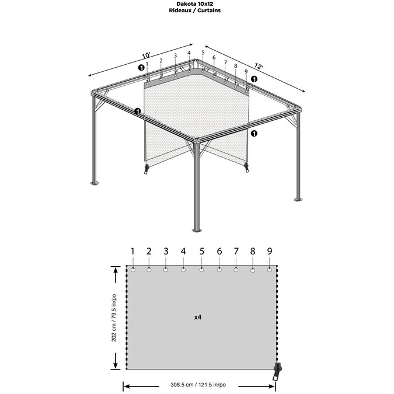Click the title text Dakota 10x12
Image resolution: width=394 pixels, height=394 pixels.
(195, 4)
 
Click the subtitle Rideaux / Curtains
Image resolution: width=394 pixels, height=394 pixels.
(195, 11)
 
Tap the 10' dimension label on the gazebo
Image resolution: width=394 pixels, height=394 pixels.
(146, 55)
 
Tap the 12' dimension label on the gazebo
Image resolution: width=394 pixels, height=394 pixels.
(259, 66)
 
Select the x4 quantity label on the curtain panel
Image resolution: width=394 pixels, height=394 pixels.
(198, 318)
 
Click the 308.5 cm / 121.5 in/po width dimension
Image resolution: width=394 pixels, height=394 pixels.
(198, 385)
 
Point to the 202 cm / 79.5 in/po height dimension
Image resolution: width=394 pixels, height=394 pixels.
(114, 318)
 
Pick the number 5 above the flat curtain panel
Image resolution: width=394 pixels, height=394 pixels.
(202, 251)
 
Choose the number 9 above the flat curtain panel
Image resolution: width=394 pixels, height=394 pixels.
(270, 251)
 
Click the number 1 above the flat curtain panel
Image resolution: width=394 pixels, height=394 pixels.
(133, 251)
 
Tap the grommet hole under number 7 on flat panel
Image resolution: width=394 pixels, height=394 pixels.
(236, 270)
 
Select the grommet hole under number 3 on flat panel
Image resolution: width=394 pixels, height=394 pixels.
(166, 270)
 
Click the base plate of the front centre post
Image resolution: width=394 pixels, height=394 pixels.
(197, 230)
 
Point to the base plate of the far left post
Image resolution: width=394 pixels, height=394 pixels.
(95, 183)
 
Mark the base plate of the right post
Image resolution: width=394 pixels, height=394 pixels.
(298, 200)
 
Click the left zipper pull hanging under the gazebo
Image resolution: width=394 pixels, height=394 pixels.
(147, 169)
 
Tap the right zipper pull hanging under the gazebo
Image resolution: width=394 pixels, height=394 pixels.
(247, 167)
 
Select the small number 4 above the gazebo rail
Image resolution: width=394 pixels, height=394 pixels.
(189, 53)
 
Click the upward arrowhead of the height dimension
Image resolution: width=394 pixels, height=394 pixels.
(116, 271)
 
